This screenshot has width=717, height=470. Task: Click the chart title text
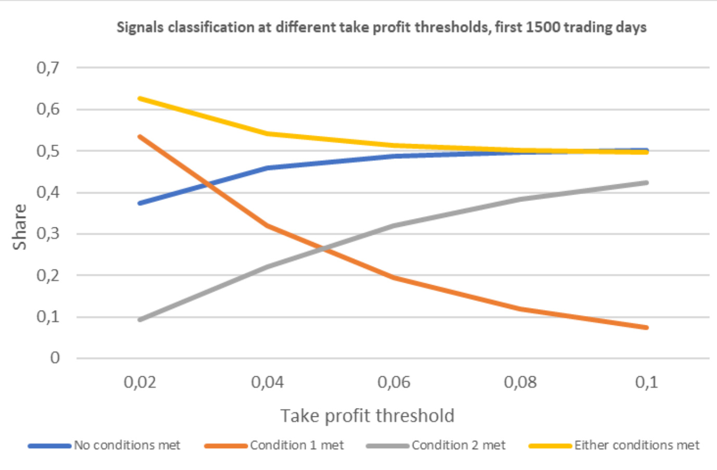(381, 27)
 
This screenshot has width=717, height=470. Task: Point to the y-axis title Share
(20, 227)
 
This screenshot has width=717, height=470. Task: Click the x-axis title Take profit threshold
(367, 416)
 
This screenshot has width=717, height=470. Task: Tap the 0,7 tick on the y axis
(48, 68)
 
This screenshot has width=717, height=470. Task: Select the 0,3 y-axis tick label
(48, 234)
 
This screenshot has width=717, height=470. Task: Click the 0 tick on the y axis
(55, 358)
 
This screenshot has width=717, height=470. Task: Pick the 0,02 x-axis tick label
(140, 383)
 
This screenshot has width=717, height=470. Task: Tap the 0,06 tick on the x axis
(394, 383)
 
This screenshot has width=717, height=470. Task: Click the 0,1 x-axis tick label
(646, 383)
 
